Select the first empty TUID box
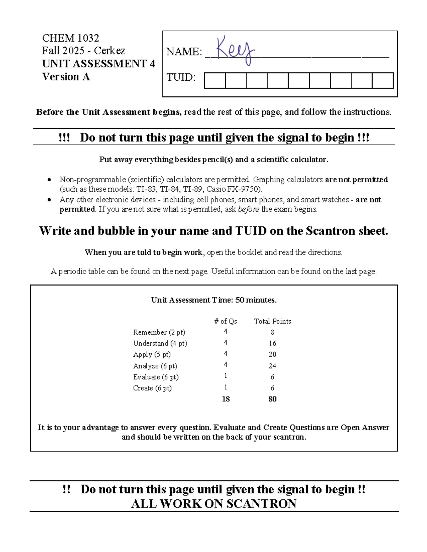215,80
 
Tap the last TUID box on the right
383,80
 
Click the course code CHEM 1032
70,38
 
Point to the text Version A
66,77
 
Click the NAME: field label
184,52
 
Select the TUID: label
181,77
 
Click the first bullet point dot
49,180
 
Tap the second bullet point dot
49,200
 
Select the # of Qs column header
226,321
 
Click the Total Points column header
273,321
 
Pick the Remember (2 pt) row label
159,332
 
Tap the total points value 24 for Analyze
273,366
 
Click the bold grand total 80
273,399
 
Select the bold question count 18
226,399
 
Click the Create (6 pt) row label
152,388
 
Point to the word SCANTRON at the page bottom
261,504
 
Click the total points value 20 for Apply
273,354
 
